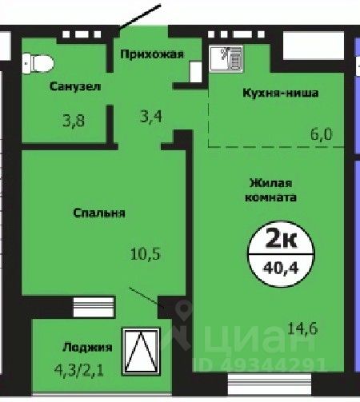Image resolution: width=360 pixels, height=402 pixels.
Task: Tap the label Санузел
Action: [x=75, y=86]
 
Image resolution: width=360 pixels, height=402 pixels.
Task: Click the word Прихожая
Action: [x=152, y=54]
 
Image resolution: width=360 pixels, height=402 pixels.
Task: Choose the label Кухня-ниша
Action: [x=281, y=93]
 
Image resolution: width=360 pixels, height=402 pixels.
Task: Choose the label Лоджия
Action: [x=88, y=348]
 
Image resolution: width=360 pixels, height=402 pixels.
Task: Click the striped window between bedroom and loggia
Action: [x=94, y=308]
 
